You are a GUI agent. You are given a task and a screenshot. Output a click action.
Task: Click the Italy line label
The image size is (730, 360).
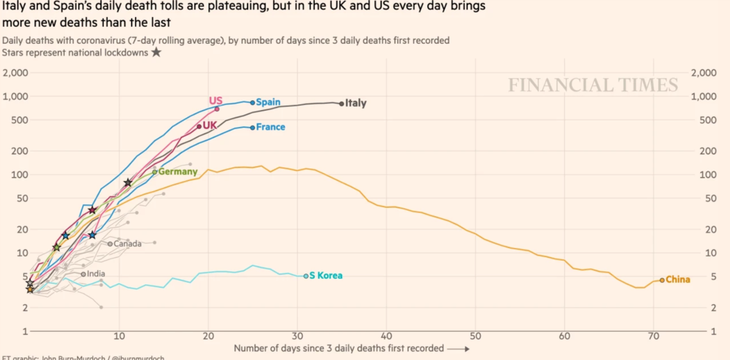(356, 103)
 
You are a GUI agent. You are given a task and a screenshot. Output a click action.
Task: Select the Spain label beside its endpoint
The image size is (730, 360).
(268, 102)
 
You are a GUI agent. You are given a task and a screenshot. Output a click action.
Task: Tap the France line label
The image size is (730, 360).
(271, 127)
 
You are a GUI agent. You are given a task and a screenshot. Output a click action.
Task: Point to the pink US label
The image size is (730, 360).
(215, 100)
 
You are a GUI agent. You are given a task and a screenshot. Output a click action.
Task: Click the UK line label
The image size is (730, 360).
(210, 125)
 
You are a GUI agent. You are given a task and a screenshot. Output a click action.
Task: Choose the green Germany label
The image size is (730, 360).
(178, 171)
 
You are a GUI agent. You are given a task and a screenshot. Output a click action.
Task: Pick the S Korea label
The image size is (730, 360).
(326, 275)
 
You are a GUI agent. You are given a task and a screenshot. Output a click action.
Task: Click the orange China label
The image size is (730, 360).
(678, 280)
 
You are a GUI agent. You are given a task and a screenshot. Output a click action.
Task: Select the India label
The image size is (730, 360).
(96, 274)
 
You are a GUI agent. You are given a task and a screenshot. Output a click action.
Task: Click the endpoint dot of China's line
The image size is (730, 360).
(662, 280)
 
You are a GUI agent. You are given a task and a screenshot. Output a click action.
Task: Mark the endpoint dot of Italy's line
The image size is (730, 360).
(341, 103)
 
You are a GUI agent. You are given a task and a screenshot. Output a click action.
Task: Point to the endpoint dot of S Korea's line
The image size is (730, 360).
(306, 276)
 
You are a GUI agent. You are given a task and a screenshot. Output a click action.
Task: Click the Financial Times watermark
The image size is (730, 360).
(593, 85)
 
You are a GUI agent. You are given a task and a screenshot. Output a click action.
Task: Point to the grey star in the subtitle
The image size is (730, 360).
(156, 52)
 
